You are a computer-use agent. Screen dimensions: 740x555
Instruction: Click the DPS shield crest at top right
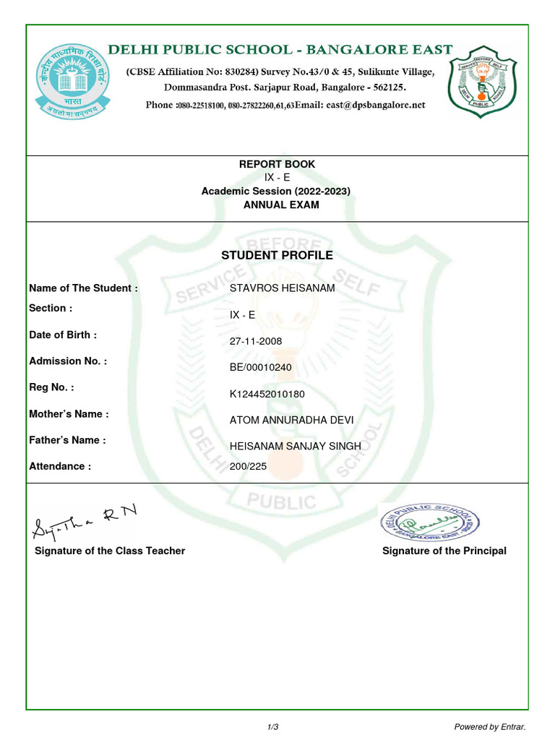(x=482, y=80)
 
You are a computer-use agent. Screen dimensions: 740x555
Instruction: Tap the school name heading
(x=280, y=50)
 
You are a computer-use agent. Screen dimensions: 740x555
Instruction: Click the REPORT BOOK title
(x=277, y=164)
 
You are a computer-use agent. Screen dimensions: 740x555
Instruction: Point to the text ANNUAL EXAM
(x=280, y=205)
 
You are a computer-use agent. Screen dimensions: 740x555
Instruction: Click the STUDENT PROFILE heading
(x=277, y=255)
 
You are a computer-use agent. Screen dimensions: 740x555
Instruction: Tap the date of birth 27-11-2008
(x=256, y=341)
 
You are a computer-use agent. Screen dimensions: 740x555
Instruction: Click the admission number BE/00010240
(x=261, y=367)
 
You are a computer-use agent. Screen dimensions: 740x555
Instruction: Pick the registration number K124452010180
(x=267, y=394)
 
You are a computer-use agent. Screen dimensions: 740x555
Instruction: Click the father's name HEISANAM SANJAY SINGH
(x=295, y=447)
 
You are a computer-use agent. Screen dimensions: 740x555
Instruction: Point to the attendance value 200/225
(x=248, y=467)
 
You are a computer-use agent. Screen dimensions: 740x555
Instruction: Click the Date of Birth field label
(x=63, y=335)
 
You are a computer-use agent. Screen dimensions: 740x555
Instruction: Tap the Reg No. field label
(x=51, y=387)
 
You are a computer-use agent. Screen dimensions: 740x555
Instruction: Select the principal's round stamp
(x=429, y=522)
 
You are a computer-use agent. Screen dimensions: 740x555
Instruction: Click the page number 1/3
(x=273, y=726)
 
